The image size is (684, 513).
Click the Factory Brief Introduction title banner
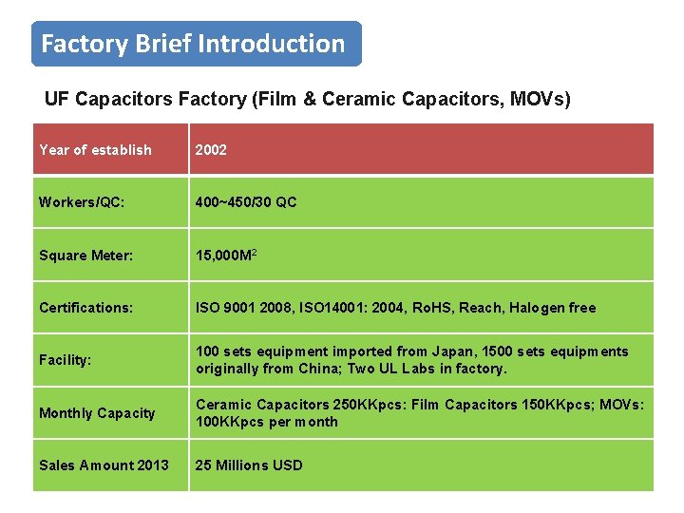tap(196, 44)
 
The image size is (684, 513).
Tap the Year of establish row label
tap(95, 150)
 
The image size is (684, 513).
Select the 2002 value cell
tap(211, 150)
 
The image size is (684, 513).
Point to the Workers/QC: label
tap(82, 201)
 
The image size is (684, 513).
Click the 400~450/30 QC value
tap(246, 201)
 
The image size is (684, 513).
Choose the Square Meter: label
tap(85, 255)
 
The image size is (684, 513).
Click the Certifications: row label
tap(86, 308)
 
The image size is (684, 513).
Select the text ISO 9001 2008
tap(243, 308)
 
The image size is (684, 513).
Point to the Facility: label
tap(66, 360)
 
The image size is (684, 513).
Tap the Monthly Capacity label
tap(97, 413)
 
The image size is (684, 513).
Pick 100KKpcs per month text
tap(267, 422)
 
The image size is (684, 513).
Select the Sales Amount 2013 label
tap(104, 465)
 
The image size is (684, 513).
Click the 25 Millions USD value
tap(249, 465)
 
